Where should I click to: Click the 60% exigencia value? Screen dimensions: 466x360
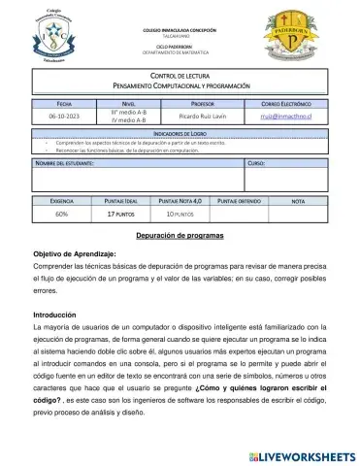point(61,212)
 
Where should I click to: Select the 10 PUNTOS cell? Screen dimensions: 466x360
point(181,212)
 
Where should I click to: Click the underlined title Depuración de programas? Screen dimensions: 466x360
point(180,235)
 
